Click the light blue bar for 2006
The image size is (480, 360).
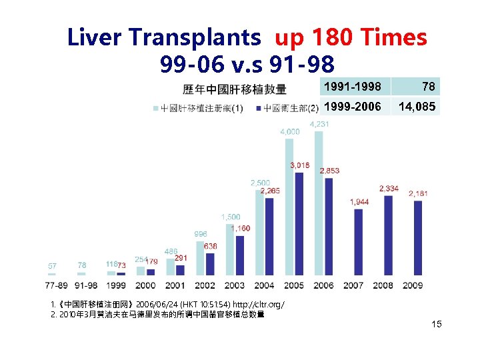(319, 203)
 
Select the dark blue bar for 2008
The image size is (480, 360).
(388, 235)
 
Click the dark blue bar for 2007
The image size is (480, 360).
(359, 241)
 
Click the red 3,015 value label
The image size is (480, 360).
(299, 165)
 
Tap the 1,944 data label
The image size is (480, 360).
(360, 201)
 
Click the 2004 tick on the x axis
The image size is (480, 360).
(265, 285)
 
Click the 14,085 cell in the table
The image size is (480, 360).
(416, 106)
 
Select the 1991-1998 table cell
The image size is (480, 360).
(353, 86)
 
